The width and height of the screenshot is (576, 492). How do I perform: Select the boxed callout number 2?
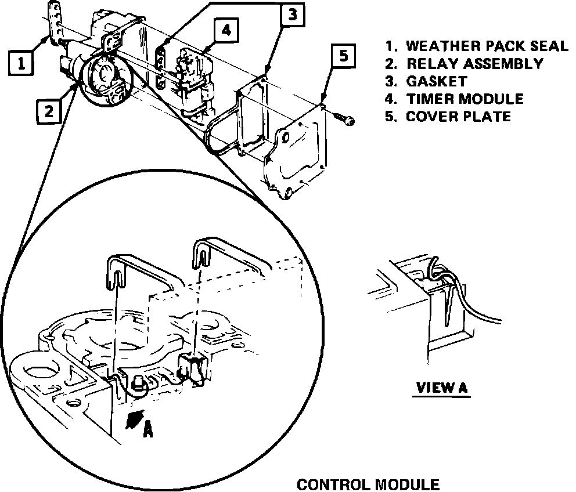click(x=49, y=110)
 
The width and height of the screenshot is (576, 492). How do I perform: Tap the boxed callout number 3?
click(x=292, y=16)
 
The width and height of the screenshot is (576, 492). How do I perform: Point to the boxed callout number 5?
click(x=344, y=56)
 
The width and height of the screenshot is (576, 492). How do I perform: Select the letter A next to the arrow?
click(x=148, y=429)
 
